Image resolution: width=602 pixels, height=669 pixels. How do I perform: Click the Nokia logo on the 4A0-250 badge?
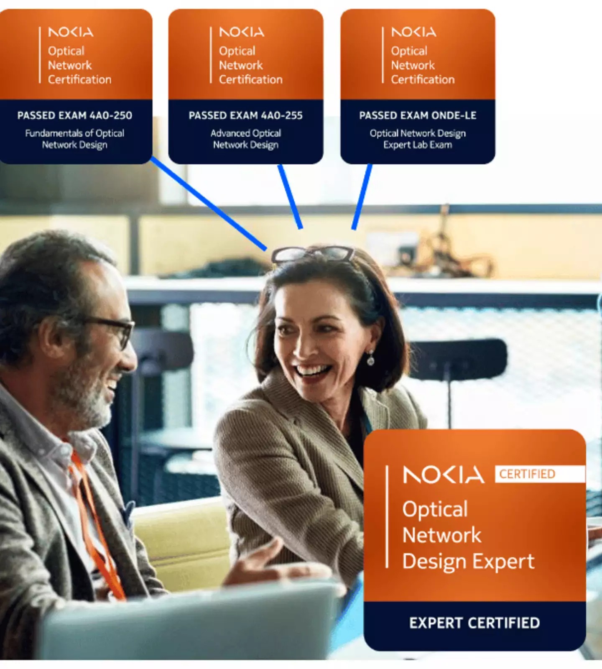tap(71, 32)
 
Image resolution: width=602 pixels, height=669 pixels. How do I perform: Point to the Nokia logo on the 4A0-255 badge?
tap(242, 32)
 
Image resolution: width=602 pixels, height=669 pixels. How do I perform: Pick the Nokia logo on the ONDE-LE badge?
tap(413, 32)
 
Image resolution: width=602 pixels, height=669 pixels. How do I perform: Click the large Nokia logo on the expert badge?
tap(443, 475)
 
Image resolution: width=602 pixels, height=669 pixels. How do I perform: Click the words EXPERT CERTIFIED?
tap(474, 623)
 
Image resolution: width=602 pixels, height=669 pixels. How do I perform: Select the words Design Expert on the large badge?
tap(468, 562)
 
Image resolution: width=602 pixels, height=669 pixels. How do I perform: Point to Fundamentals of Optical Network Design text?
tap(75, 139)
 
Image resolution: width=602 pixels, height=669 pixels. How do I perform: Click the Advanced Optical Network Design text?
tap(246, 139)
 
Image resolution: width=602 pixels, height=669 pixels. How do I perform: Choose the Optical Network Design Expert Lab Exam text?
tap(418, 139)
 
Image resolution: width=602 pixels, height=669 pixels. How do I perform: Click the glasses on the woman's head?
tap(313, 253)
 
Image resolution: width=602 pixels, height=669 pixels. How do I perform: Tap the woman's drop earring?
tap(370, 359)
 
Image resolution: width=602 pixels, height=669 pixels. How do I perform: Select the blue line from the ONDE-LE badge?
tap(362, 197)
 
